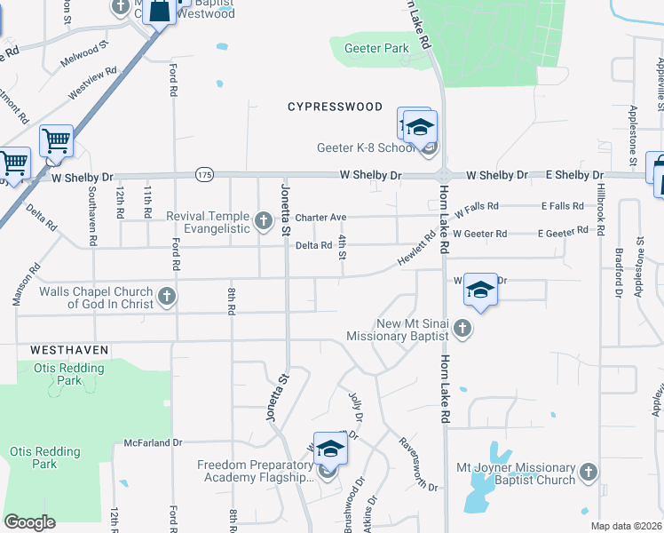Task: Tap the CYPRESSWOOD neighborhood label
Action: [x=335, y=107]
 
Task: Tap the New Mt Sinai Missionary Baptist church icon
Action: [x=461, y=330]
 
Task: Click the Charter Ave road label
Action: [x=320, y=217]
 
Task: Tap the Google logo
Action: [x=29, y=522]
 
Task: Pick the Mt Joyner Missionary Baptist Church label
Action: [x=515, y=473]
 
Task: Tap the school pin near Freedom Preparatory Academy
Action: [x=329, y=449]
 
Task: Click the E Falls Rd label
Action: [x=563, y=206]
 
